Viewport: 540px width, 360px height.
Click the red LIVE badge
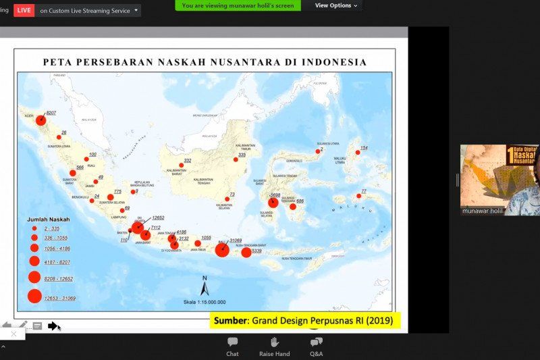(x=24, y=10)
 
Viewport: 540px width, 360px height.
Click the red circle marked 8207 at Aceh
(x=40, y=120)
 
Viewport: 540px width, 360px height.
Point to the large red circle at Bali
(x=222, y=250)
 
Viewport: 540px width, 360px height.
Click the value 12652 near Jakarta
(x=158, y=218)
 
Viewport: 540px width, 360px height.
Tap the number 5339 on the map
(x=256, y=251)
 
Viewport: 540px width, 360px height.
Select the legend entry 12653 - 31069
(x=59, y=298)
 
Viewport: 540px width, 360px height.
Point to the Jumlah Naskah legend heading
(x=48, y=220)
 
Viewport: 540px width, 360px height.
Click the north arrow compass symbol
(x=205, y=287)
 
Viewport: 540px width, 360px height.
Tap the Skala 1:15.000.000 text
(x=205, y=302)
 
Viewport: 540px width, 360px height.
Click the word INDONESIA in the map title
(x=334, y=62)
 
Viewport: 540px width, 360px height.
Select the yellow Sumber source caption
(x=305, y=321)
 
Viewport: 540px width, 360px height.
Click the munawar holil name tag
(x=482, y=211)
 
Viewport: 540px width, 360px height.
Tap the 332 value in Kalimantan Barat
(x=188, y=161)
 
